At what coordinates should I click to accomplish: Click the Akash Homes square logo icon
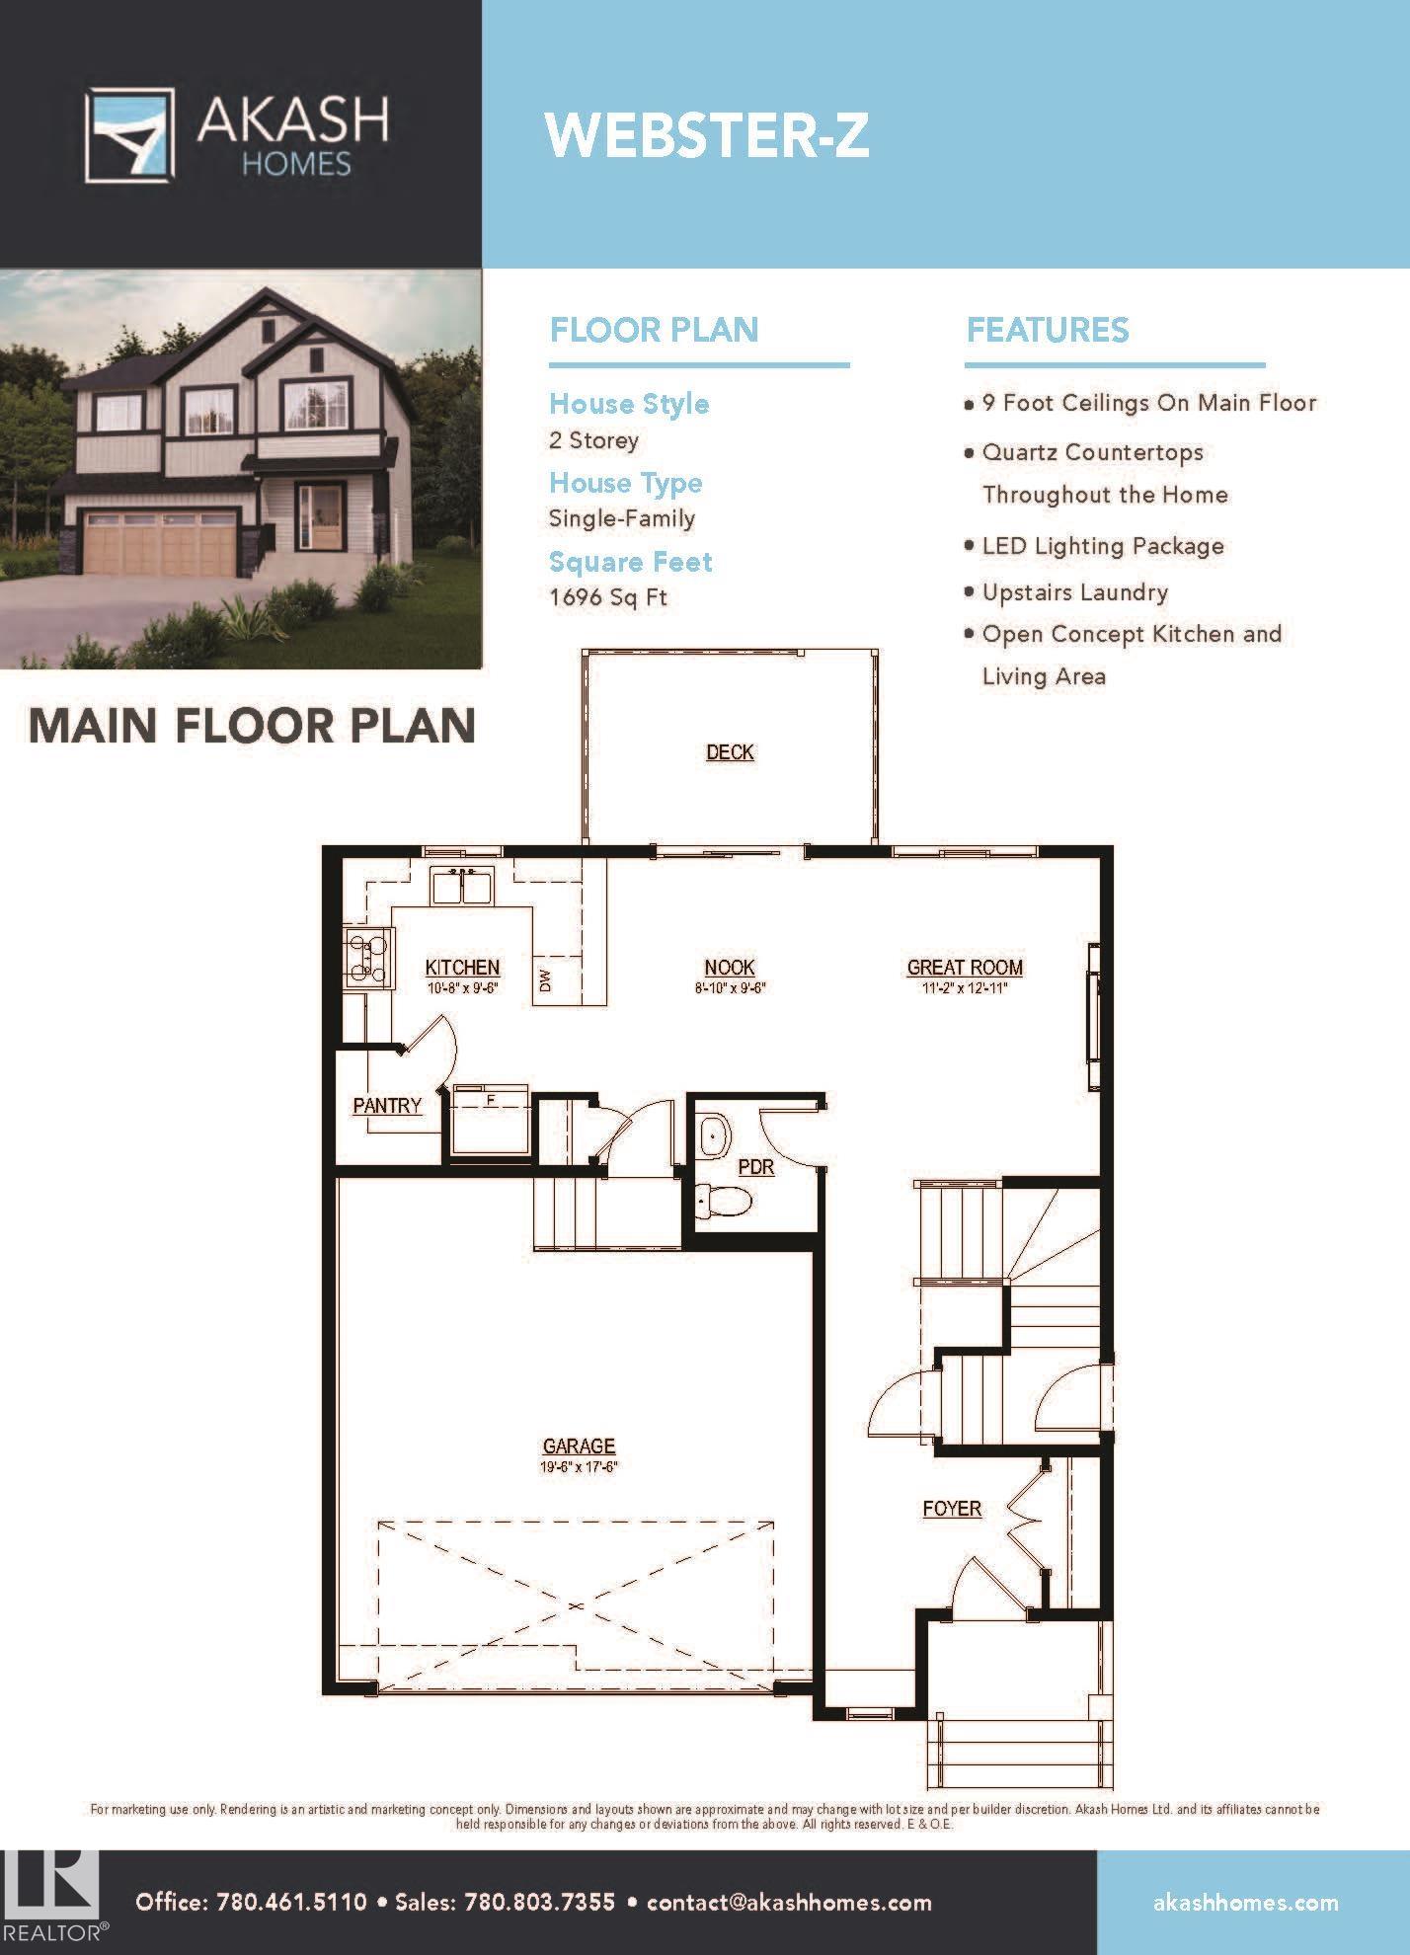click(129, 135)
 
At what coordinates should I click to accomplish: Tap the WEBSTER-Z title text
click(707, 135)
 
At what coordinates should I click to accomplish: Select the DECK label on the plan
click(730, 752)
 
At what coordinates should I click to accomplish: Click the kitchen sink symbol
click(462, 885)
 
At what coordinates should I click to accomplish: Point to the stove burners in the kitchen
click(367, 957)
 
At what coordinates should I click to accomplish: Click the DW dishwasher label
click(545, 979)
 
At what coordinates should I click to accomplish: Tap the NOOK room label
click(730, 968)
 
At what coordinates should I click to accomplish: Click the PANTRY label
click(387, 1106)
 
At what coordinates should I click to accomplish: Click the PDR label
click(756, 1167)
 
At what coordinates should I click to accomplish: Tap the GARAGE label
click(579, 1447)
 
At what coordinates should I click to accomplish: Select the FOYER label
click(952, 1509)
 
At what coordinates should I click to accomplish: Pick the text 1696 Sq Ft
click(608, 597)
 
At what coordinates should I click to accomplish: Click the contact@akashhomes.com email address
click(790, 1902)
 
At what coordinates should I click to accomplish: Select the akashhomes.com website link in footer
click(1246, 1903)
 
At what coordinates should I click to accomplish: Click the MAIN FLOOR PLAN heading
click(252, 725)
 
